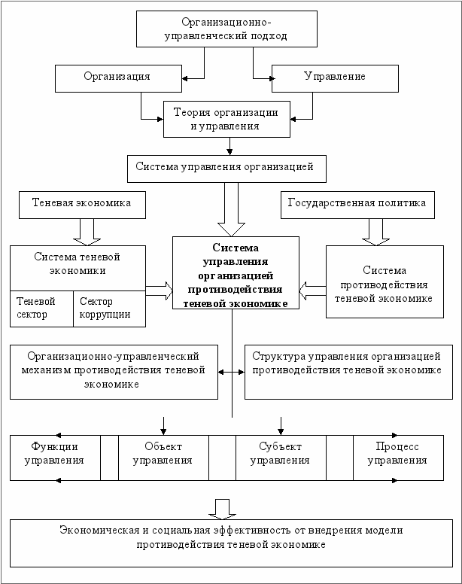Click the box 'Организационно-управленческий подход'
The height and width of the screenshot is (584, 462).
(x=226, y=29)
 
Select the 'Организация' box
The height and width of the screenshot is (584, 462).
(x=118, y=78)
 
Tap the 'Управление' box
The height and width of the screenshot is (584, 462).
(x=335, y=78)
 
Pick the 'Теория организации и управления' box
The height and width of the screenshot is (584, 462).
(x=226, y=119)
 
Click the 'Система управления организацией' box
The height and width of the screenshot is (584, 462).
(x=226, y=169)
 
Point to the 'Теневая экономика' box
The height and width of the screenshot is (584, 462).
(x=82, y=205)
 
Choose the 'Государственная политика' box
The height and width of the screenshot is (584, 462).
(x=357, y=205)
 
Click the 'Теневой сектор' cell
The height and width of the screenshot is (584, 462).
(x=41, y=309)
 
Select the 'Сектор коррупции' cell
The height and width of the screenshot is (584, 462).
(x=109, y=309)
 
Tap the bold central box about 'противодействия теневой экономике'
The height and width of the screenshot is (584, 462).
(x=236, y=272)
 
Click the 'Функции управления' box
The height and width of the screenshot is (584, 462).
(x=55, y=458)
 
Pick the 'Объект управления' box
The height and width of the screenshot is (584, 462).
(x=163, y=458)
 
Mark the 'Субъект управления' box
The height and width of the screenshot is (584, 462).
(x=281, y=458)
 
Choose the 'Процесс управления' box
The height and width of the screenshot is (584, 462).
(x=398, y=458)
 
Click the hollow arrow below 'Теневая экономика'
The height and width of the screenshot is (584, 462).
(x=87, y=232)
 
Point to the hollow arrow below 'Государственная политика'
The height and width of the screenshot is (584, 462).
(x=376, y=232)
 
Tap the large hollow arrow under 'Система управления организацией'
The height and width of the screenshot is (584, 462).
(x=231, y=209)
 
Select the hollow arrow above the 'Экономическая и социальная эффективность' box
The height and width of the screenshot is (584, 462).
(x=222, y=509)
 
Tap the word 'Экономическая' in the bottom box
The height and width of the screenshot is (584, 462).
(x=99, y=530)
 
